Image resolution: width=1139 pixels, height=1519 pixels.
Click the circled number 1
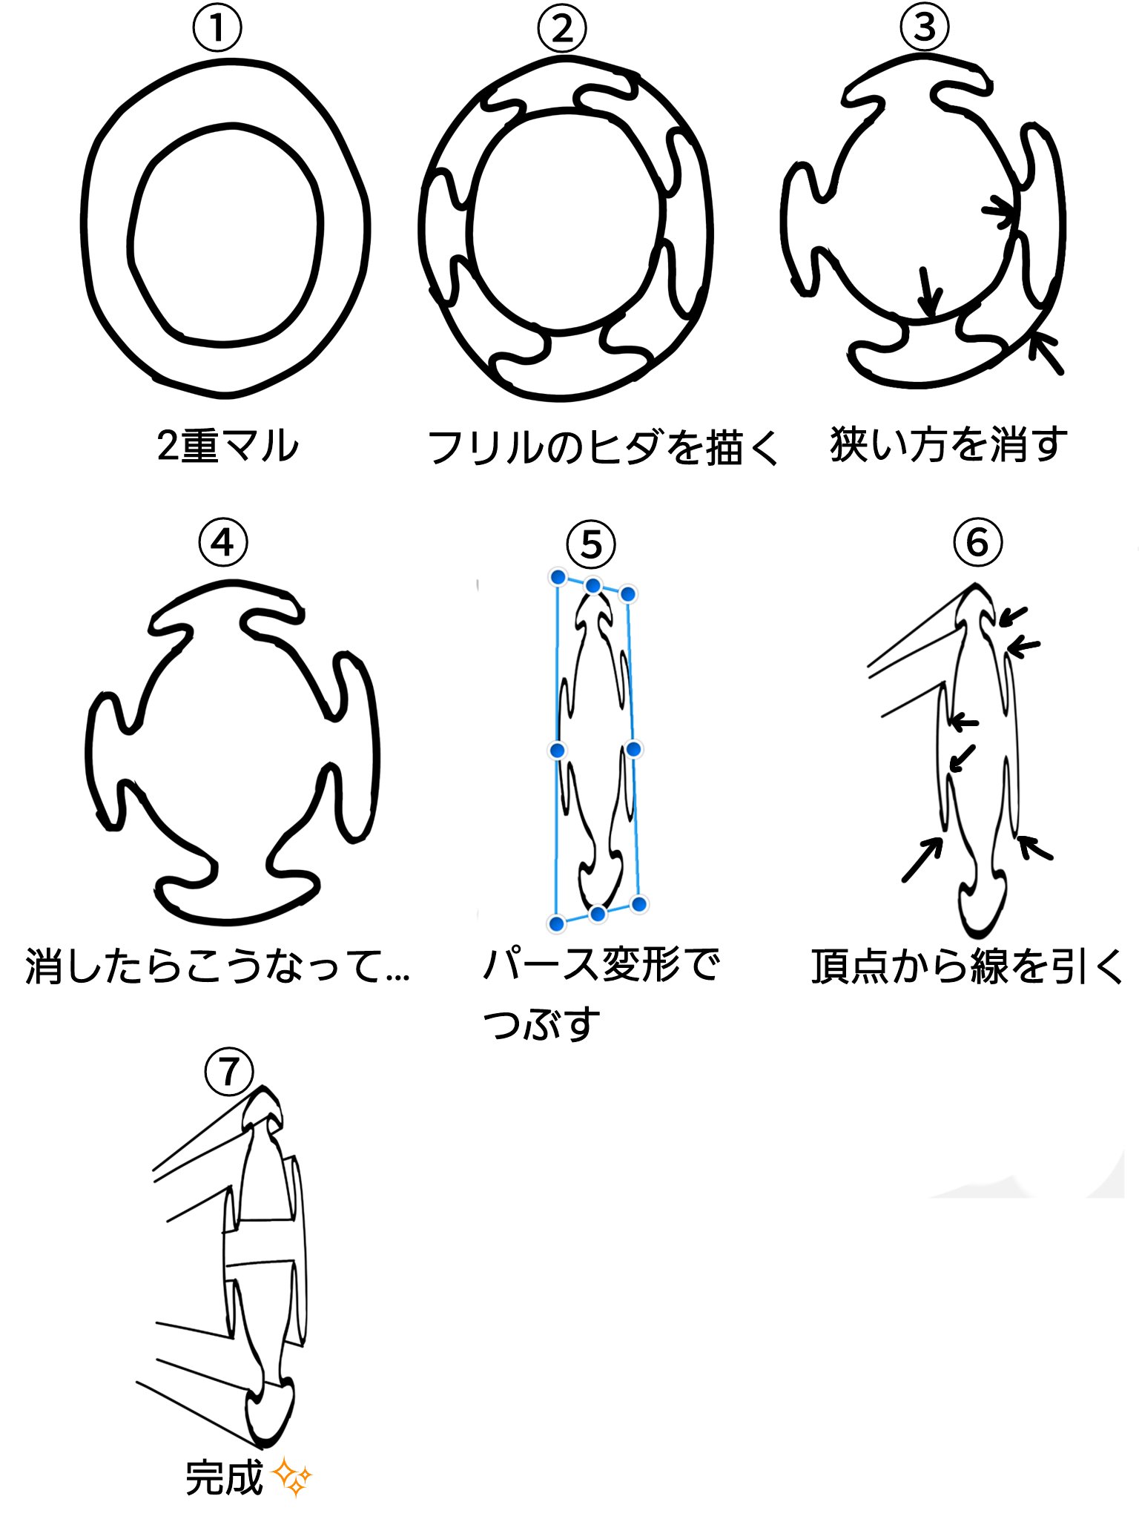point(217,29)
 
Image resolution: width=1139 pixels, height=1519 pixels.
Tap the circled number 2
point(562,29)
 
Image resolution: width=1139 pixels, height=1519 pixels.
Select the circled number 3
point(925,27)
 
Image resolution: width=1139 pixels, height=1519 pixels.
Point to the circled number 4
point(222,543)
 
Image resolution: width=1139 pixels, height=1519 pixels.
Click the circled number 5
point(591,544)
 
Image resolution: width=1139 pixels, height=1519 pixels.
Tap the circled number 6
point(977,542)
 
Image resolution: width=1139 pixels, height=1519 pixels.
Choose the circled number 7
point(229,1072)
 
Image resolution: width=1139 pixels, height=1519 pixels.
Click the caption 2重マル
point(228,446)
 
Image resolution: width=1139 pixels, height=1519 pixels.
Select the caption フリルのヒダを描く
point(603,447)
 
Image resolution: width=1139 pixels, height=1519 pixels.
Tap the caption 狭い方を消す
point(948,445)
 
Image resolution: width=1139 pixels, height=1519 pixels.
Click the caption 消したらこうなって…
point(217,966)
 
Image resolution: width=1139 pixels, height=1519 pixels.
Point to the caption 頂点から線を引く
point(968,966)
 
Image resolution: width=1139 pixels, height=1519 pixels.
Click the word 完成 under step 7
point(224,1477)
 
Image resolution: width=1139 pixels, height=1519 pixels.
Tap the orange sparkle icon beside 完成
point(292,1477)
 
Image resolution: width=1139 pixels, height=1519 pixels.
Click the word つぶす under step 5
point(541,1024)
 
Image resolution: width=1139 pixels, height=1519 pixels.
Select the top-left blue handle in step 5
point(558,577)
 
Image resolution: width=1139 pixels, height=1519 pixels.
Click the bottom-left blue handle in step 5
point(556,923)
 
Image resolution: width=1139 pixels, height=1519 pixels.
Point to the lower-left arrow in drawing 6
point(921,860)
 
